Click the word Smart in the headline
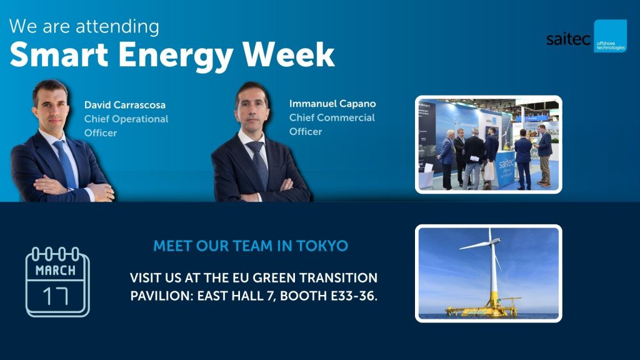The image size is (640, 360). [59, 55]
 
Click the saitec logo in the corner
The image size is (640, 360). [586, 36]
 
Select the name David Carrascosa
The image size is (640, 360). [125, 105]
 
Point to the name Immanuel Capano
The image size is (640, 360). [332, 104]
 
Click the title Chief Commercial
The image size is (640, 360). [332, 117]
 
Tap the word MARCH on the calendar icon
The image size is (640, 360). [56, 270]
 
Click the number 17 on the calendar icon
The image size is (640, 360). [56, 296]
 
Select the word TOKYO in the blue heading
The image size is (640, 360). [322, 246]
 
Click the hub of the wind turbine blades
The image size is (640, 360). [491, 242]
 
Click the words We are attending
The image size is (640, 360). [84, 26]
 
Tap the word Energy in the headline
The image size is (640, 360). [176, 56]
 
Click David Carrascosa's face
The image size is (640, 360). [51, 107]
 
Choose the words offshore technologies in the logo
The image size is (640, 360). [611, 45]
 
